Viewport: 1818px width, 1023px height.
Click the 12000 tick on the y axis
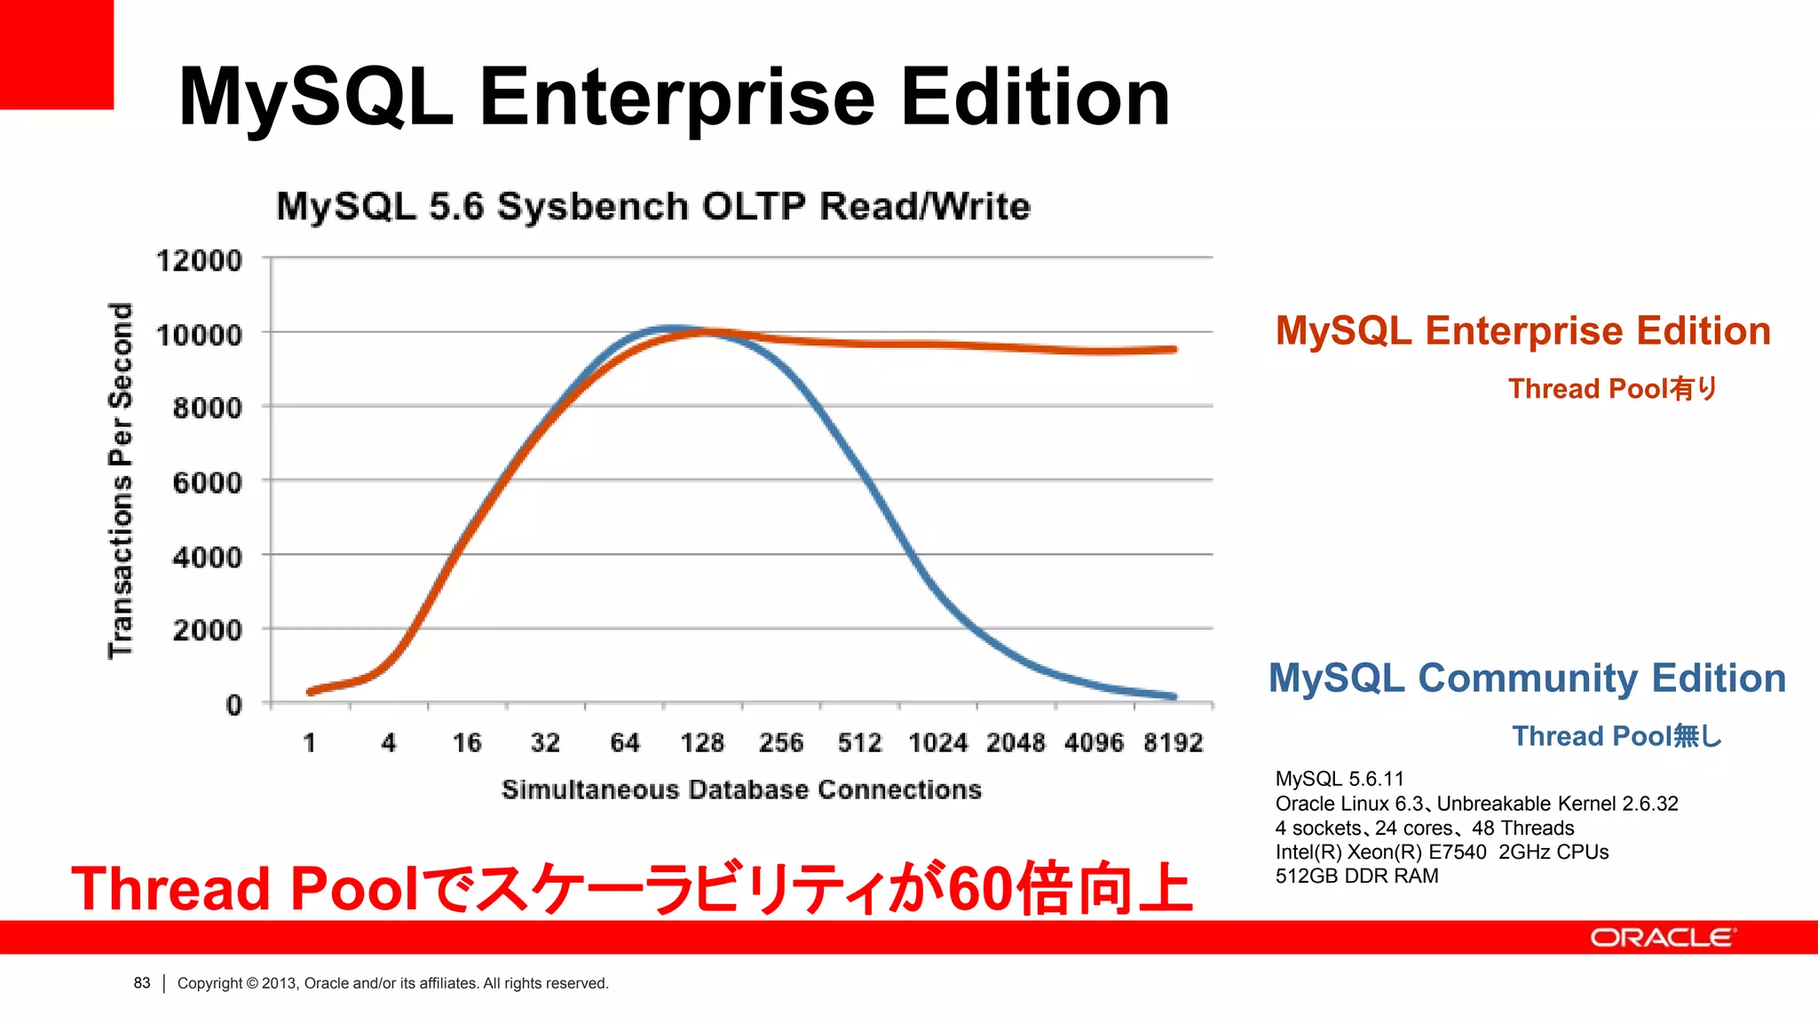(199, 261)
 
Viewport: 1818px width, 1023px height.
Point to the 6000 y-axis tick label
(207, 483)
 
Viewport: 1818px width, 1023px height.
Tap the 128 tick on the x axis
(702, 742)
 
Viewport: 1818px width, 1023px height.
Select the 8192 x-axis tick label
(1173, 742)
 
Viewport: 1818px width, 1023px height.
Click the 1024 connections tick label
(937, 742)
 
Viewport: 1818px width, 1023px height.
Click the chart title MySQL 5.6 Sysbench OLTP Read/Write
(653, 207)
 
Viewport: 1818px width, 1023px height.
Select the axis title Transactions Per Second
(121, 480)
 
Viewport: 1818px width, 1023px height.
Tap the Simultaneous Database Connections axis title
(741, 789)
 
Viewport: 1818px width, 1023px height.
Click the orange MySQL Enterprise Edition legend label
(1522, 331)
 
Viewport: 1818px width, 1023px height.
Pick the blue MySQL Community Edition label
(1527, 678)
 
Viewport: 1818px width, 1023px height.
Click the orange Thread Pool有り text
(1612, 389)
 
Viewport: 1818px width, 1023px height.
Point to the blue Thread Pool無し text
(1616, 736)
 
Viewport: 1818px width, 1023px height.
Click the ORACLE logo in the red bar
(1663, 938)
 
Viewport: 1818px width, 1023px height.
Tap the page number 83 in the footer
(142, 983)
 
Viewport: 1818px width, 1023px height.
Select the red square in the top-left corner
(56, 53)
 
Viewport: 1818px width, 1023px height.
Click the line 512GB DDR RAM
(1356, 876)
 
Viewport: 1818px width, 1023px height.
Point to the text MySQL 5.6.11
(1340, 779)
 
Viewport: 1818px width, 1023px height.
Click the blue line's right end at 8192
(1174, 697)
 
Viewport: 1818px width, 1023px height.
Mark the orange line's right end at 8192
(1174, 350)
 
